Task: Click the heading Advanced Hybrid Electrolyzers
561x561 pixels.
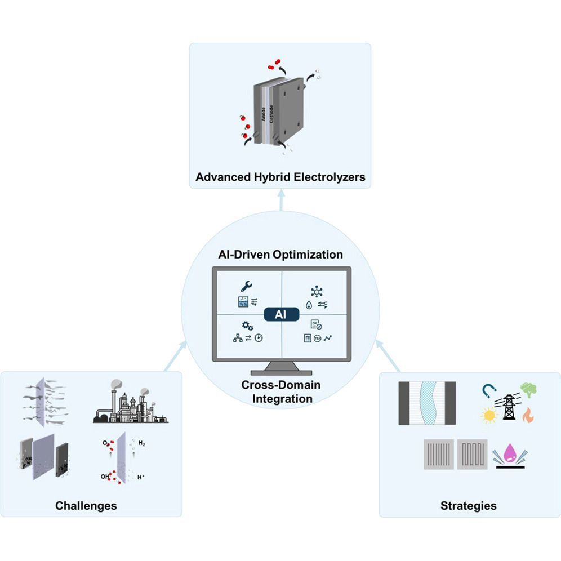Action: click(280, 177)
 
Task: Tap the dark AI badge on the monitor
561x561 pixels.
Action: click(280, 314)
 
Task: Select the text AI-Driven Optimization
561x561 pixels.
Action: click(280, 254)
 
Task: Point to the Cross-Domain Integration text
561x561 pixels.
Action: click(280, 391)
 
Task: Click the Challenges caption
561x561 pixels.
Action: click(86, 505)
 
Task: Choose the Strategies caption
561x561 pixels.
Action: click(468, 505)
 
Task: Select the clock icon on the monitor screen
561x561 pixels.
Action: click(258, 338)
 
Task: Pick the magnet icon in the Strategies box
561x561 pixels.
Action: click(489, 390)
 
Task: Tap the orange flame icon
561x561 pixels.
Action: click(528, 416)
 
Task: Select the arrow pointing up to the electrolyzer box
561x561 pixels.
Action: click(280, 197)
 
